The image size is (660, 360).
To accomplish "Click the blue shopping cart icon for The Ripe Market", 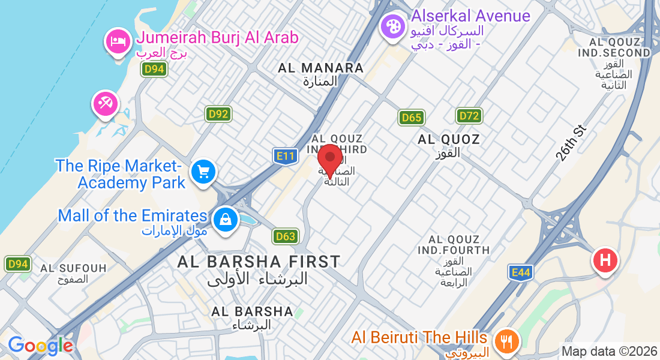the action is (203, 172).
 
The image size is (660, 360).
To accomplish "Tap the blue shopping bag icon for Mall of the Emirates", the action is (225, 218).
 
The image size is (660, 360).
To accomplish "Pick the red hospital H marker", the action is (605, 261).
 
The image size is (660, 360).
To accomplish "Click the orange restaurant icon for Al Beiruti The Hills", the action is (508, 341).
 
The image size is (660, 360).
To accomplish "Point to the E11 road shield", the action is (285, 157).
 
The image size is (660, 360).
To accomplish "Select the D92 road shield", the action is (219, 114).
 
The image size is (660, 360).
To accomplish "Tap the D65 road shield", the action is (412, 118).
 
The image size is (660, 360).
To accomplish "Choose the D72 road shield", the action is (469, 116).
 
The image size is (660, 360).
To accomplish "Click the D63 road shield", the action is (286, 236).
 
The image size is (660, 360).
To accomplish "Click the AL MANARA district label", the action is (321, 68).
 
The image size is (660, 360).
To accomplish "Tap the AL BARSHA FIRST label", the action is (259, 262).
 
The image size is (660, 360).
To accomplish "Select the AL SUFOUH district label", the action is (73, 268).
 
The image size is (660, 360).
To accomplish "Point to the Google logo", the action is (40, 346).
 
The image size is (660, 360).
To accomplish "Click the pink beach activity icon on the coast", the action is (106, 104).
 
